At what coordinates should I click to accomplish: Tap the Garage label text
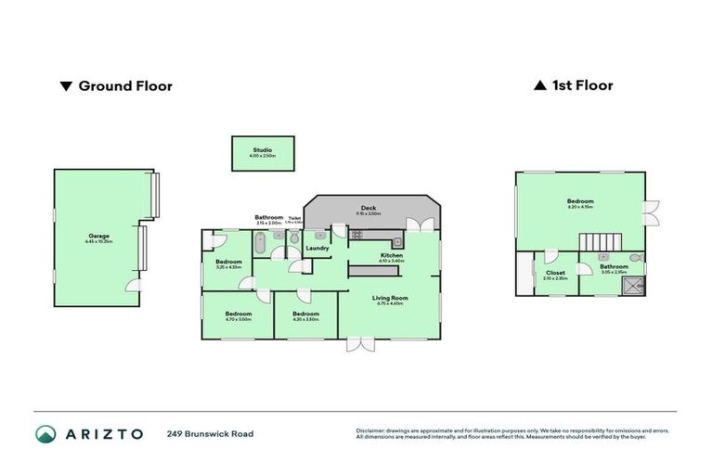[x=98, y=236]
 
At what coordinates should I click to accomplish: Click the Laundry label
[x=318, y=248]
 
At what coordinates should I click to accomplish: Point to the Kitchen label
[x=391, y=255]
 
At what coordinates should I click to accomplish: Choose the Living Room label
[x=390, y=298]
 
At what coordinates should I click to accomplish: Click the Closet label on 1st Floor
[x=554, y=273]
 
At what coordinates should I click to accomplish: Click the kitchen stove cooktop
[x=357, y=235]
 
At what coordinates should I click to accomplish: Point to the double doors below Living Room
[x=358, y=344]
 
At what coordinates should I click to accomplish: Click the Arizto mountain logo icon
[x=46, y=434]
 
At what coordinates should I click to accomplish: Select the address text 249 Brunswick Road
[x=210, y=434]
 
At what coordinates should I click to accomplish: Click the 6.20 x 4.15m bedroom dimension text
[x=579, y=208]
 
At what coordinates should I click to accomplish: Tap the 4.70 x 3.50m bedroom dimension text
[x=238, y=319]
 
